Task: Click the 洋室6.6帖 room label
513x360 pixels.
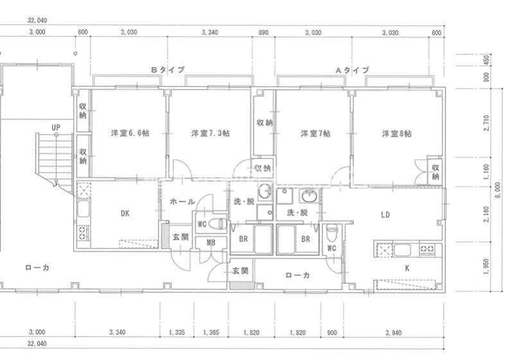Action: [x=130, y=133]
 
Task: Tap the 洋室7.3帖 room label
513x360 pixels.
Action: [x=211, y=133]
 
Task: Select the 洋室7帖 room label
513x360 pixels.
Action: [x=315, y=133]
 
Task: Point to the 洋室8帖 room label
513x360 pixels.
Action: [x=397, y=133]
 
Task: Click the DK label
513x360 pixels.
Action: [x=125, y=214]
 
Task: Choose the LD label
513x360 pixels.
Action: [x=385, y=215]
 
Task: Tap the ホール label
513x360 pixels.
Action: [x=182, y=201]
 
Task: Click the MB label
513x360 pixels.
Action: [x=211, y=243]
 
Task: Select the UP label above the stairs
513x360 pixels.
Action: [x=56, y=128]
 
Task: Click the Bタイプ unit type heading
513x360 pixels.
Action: [x=168, y=70]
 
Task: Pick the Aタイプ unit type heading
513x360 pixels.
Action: [x=352, y=70]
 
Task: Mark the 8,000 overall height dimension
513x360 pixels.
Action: [x=498, y=190]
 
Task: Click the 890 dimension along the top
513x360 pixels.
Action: [x=263, y=32]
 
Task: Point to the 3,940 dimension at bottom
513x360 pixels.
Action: [x=393, y=333]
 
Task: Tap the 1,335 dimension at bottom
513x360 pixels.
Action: [x=177, y=332]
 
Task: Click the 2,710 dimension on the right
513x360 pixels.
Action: [x=486, y=123]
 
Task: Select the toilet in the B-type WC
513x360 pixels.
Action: [x=218, y=224]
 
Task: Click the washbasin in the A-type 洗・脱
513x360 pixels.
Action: [x=309, y=196]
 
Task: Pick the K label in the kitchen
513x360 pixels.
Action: [x=407, y=268]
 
